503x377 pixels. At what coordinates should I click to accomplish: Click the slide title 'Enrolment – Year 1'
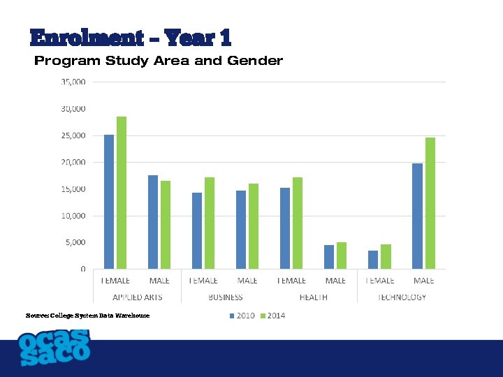[x=130, y=38]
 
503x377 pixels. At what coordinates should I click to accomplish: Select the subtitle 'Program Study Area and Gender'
[x=159, y=61]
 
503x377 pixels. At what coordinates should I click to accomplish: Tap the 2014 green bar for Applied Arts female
[x=122, y=193]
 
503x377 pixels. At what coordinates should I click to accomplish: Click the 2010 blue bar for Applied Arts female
[x=109, y=202]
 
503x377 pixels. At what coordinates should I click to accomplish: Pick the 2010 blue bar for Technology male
[x=417, y=216]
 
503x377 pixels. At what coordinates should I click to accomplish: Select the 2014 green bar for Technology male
[x=430, y=203]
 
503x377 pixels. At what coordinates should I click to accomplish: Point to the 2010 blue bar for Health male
[x=329, y=257]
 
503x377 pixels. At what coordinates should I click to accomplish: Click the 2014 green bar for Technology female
[x=386, y=256]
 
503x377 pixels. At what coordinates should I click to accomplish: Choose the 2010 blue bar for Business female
[x=197, y=230]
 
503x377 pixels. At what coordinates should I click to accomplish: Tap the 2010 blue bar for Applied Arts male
[x=153, y=222]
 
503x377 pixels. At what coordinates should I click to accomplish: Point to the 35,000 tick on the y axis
[x=73, y=82]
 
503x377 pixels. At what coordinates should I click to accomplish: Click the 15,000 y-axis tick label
[x=73, y=189]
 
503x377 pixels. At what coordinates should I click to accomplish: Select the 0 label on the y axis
[x=83, y=269]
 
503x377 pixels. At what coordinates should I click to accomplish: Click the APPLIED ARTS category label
[x=138, y=297]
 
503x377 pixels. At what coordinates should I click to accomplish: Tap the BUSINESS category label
[x=226, y=297]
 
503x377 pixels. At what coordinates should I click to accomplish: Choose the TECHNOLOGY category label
[x=402, y=297]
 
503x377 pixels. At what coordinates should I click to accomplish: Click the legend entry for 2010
[x=242, y=316]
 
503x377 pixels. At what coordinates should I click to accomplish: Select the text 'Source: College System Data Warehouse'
[x=87, y=316]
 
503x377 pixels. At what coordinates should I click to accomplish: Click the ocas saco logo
[x=54, y=347]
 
